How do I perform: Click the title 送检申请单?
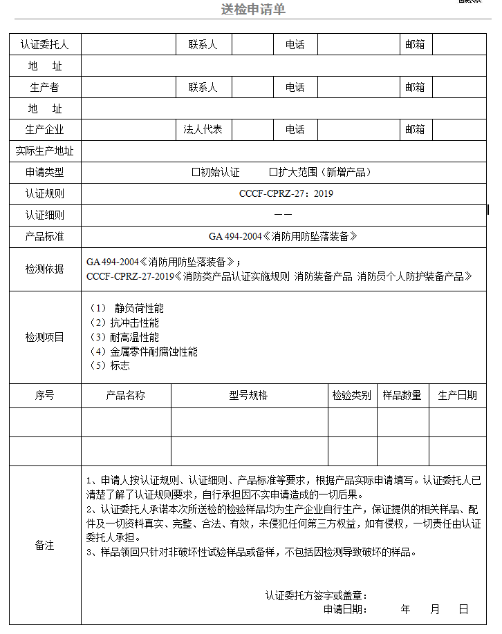point(253,9)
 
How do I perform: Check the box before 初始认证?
point(196,172)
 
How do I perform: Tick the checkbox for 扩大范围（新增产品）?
point(273,172)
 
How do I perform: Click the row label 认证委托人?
point(45,45)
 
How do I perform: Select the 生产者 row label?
point(45,88)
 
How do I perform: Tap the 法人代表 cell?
point(203,130)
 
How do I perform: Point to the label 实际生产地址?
point(45,151)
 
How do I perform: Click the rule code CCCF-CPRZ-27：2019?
point(286,193)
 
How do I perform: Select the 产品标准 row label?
point(45,236)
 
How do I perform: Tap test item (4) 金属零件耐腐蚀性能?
point(144,352)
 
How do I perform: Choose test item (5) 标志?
point(110,366)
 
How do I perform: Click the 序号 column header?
point(45,396)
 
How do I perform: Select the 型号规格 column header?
point(248,396)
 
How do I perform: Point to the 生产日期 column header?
point(457,396)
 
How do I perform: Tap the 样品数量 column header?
point(402,396)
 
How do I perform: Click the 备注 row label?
point(45,546)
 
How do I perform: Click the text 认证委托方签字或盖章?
point(315,595)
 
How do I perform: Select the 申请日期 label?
point(344,610)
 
